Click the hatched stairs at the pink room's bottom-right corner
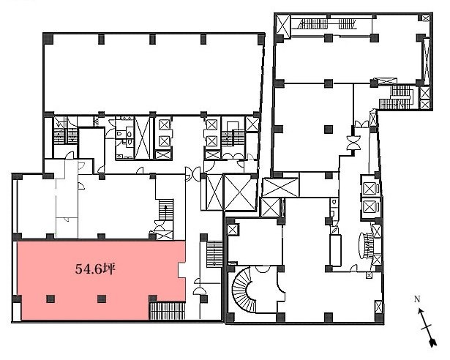click(168, 310)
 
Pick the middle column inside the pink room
click(100, 298)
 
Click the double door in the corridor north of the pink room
click(190, 173)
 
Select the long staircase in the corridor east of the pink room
click(214, 252)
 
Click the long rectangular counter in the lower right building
click(337, 250)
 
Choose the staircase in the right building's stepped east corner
click(400, 95)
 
